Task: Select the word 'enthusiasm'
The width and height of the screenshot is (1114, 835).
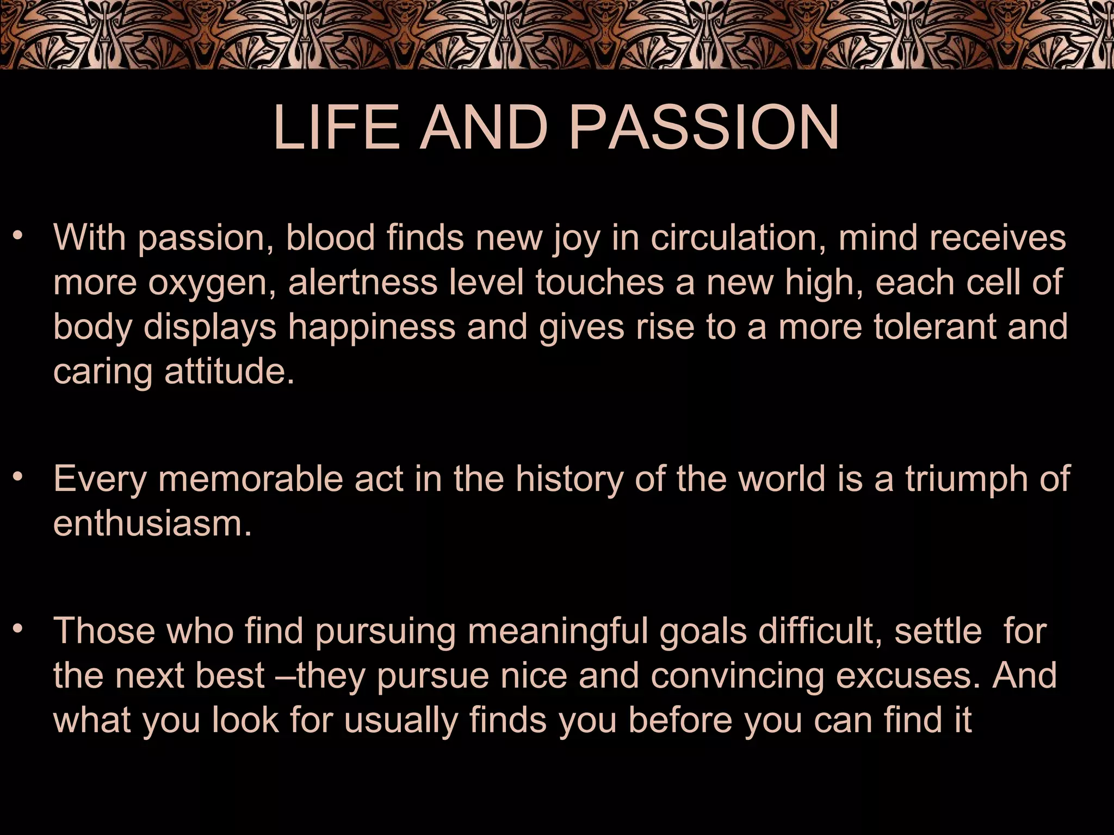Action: pos(153,524)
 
